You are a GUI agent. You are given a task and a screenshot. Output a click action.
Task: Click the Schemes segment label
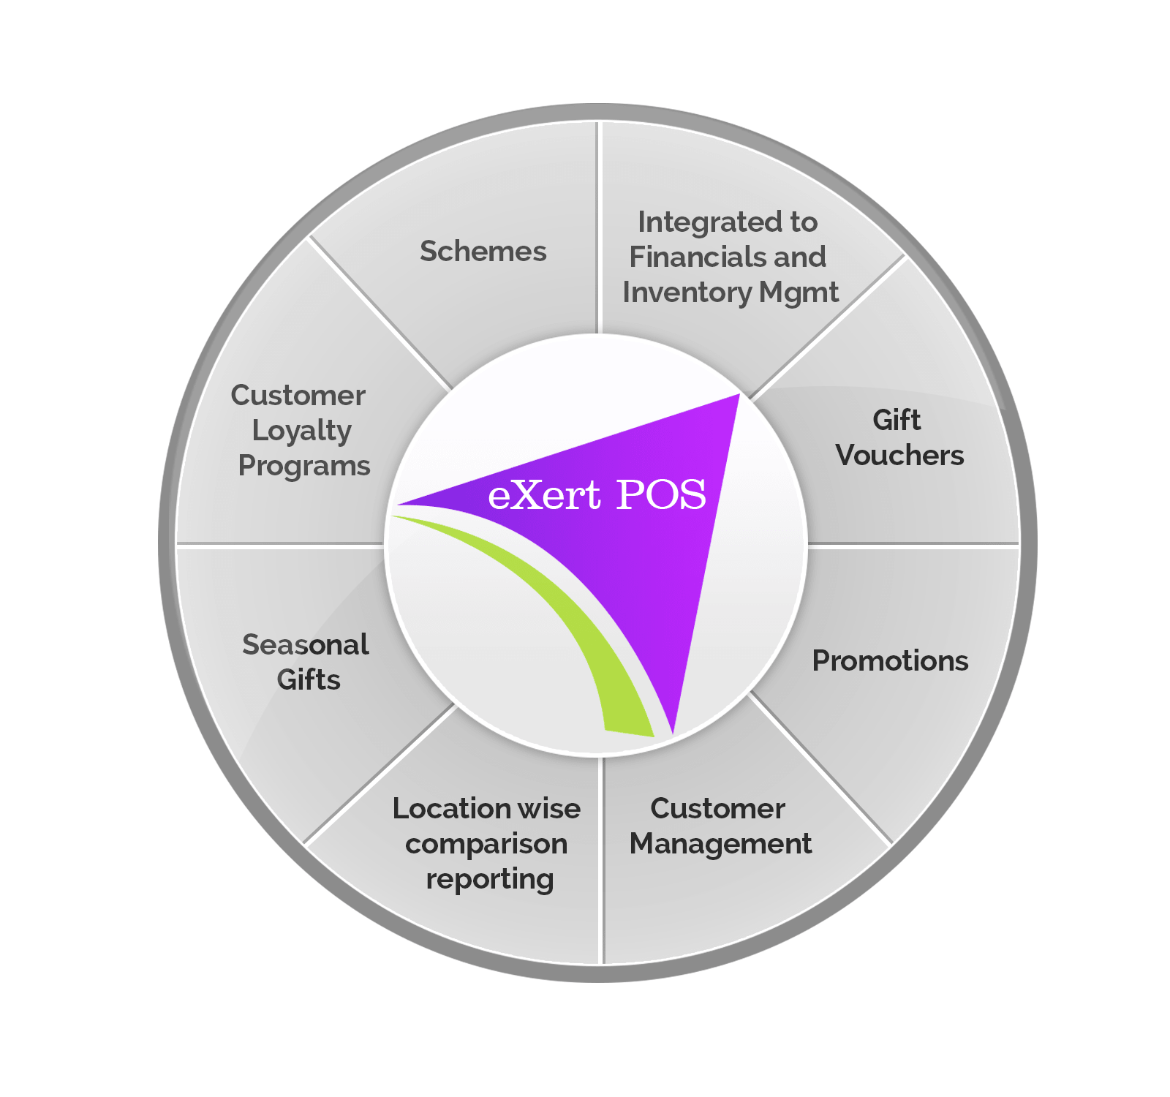coord(483,252)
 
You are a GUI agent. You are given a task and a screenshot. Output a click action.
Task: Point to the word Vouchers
coord(899,456)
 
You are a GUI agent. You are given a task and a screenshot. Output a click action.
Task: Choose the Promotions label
coord(890,661)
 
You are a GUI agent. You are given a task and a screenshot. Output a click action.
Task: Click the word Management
coord(720,844)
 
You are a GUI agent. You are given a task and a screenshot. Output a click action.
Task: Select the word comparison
coord(486,844)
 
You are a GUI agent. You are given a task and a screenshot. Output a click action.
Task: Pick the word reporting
coord(489,879)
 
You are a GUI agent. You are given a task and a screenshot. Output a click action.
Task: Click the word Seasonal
coord(305,645)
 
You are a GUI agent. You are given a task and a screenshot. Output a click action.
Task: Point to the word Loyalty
coord(301,431)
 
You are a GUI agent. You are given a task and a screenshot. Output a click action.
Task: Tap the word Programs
coord(304,466)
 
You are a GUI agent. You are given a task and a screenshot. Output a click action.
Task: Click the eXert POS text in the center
coord(597,495)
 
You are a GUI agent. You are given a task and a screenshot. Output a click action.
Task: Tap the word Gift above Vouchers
coord(897,421)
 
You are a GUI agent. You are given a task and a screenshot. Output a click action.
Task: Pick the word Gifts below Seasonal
coord(309,680)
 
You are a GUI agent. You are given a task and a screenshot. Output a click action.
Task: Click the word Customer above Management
coord(717,809)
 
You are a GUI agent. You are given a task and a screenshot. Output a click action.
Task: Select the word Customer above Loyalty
coord(298,396)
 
